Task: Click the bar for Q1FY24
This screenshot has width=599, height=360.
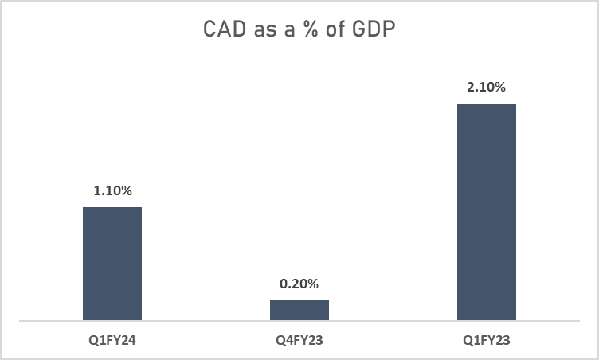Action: (x=112, y=264)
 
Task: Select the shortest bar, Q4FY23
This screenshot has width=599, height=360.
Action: (x=299, y=311)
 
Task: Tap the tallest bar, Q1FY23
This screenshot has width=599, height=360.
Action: (x=487, y=213)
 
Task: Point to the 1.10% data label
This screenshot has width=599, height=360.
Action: (x=112, y=191)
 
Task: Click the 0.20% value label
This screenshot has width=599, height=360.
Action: (x=299, y=284)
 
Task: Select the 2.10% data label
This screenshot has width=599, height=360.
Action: (x=487, y=88)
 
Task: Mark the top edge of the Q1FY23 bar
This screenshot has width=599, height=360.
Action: (x=487, y=104)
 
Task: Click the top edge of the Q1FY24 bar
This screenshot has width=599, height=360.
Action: (x=112, y=208)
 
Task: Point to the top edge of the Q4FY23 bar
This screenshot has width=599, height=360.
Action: (x=299, y=301)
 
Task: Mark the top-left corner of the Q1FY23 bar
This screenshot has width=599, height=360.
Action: (x=458, y=104)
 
